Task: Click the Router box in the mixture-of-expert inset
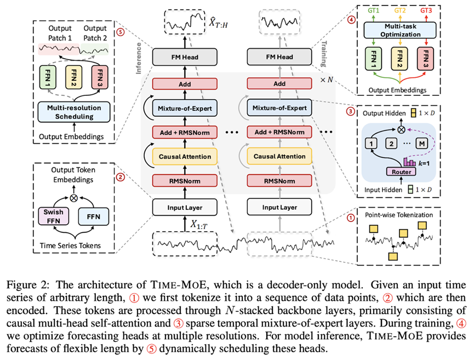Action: (401, 172)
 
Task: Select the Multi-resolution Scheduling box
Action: (74, 112)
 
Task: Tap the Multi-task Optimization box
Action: (400, 30)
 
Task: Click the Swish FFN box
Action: (53, 216)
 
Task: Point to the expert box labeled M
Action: (422, 143)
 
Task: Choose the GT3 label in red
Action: (426, 10)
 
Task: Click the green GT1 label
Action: (373, 10)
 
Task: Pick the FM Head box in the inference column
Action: (185, 57)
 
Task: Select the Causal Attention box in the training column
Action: (279, 156)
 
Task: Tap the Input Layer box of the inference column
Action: (185, 207)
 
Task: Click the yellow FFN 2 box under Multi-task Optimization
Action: (399, 58)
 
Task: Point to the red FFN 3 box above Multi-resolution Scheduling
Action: (100, 77)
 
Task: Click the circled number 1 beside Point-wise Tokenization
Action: (350, 218)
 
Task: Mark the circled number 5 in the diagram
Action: (121, 32)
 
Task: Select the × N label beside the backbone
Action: (327, 80)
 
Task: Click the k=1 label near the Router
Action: (424, 163)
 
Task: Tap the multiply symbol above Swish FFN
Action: (73, 198)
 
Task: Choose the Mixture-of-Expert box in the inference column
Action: (185, 108)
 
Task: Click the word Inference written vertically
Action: (139, 58)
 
